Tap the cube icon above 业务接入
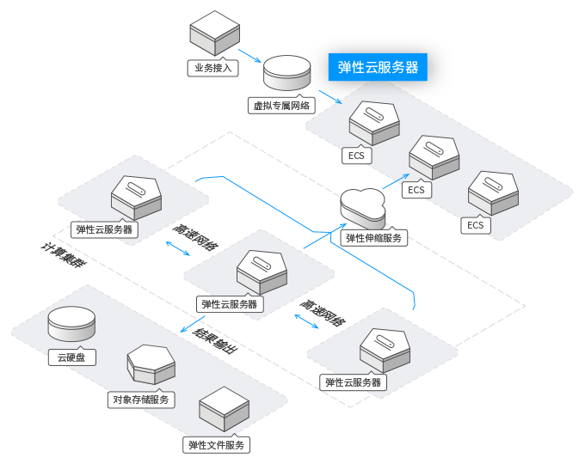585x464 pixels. click(x=214, y=34)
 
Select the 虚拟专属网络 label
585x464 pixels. click(x=281, y=105)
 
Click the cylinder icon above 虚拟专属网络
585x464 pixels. click(x=286, y=74)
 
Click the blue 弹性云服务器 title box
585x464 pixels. click(x=378, y=67)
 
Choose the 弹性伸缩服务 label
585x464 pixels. click(x=374, y=238)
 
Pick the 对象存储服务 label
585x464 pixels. click(x=143, y=399)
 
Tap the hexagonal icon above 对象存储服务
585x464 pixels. click(x=151, y=363)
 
